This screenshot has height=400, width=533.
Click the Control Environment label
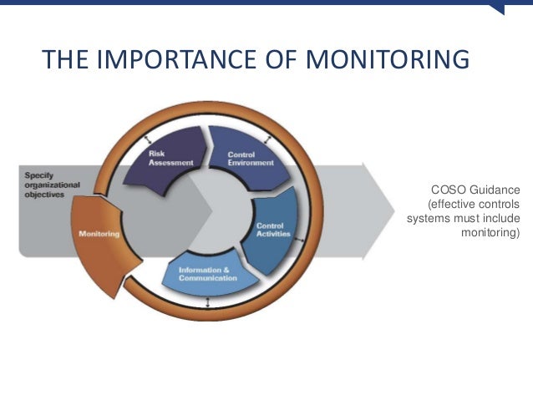click(x=250, y=159)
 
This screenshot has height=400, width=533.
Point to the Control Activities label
click(x=273, y=230)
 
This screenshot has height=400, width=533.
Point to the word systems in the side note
click(x=428, y=219)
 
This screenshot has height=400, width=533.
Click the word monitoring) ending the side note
click(x=490, y=233)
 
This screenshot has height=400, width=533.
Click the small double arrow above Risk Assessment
click(x=149, y=139)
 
